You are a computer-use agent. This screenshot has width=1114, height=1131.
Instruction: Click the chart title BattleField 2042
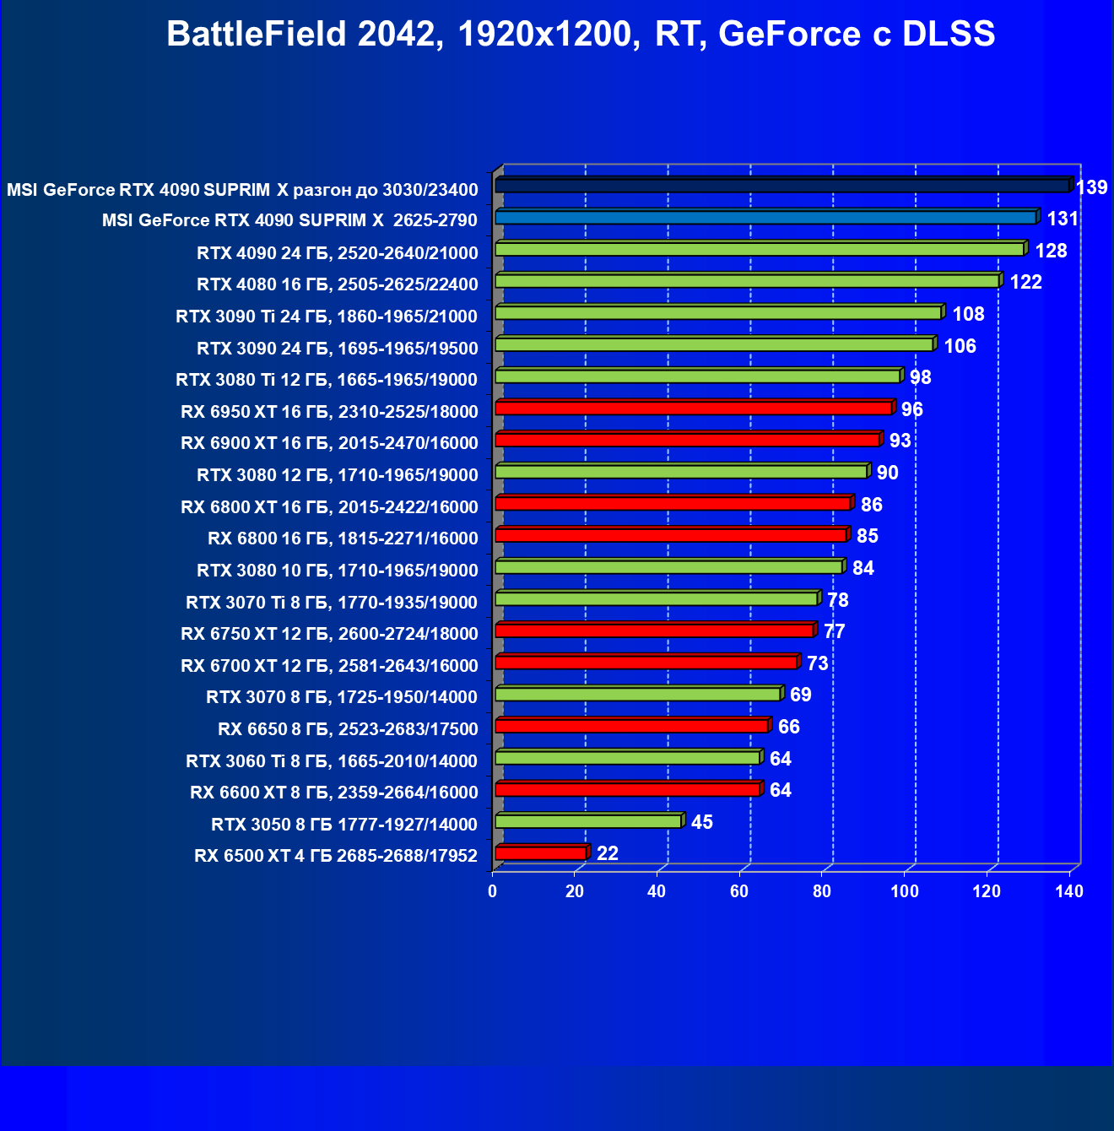coord(581,35)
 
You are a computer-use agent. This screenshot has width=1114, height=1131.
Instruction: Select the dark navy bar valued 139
coord(782,186)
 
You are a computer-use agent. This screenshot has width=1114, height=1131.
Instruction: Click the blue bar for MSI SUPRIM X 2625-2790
coord(766,218)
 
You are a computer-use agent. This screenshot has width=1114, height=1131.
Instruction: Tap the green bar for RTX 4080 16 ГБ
coord(748,281)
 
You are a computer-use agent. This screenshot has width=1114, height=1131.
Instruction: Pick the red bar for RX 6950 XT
coord(694,409)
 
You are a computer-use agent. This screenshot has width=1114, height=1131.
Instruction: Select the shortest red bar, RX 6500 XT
coord(541,853)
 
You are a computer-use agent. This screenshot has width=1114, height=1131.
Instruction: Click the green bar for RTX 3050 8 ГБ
coord(588,821)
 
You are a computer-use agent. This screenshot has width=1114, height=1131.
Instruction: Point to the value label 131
coord(1063,219)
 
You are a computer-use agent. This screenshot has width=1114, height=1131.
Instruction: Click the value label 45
coord(701,822)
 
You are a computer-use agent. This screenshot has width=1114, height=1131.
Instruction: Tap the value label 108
coord(968,314)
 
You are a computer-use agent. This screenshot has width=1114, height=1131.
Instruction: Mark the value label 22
coord(607,853)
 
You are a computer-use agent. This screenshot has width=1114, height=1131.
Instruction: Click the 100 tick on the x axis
coord(905,892)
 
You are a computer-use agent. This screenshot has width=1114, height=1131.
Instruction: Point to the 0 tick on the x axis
coord(493,892)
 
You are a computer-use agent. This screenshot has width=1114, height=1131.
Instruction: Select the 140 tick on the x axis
coord(1069,892)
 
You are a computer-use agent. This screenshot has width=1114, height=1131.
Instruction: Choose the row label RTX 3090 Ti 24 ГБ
coord(327,317)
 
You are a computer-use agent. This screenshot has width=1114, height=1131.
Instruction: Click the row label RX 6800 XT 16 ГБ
coord(329,507)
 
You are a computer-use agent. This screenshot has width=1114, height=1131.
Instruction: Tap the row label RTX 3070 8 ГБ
coord(342,697)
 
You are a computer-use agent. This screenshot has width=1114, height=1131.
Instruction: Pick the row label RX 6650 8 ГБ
coord(348,729)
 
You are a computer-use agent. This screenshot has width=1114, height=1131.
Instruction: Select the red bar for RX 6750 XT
coord(655,630)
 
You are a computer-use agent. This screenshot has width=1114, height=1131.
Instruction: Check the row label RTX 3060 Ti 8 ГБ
coord(332,761)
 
